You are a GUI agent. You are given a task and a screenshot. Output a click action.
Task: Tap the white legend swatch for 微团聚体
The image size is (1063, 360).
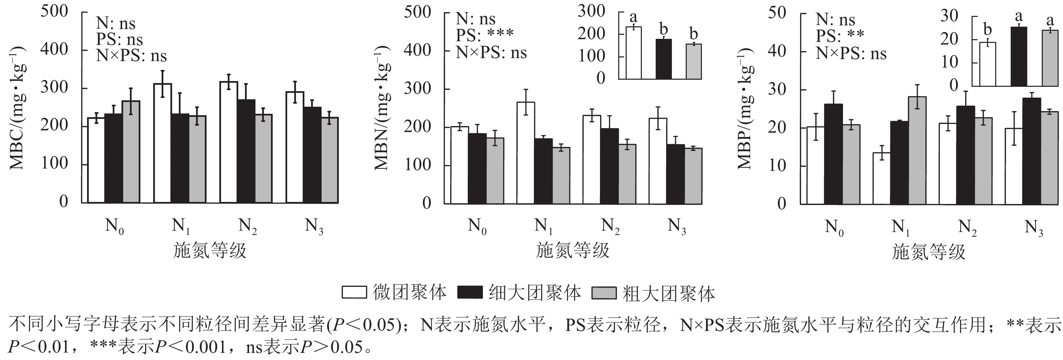click(x=354, y=292)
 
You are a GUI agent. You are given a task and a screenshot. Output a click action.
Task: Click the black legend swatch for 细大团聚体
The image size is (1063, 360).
click(x=470, y=292)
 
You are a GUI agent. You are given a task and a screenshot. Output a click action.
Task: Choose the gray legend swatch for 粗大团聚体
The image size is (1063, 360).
click(x=604, y=293)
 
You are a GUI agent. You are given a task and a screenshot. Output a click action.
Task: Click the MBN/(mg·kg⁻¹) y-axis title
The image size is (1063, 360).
click(x=382, y=107)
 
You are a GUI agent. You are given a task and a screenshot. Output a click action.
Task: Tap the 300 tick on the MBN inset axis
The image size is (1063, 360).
click(x=591, y=11)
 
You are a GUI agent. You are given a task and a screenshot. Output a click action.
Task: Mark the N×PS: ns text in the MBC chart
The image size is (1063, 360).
click(x=131, y=55)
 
